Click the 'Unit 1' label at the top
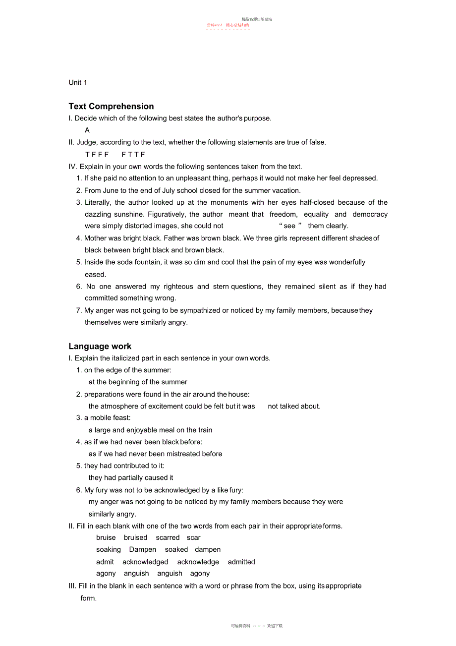click(78, 82)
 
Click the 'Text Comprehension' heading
click(111, 106)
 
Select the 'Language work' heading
click(100, 346)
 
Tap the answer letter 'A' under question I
click(87, 130)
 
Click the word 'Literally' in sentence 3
click(98, 202)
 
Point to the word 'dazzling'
click(98, 214)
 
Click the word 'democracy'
click(370, 214)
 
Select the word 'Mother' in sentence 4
click(95, 238)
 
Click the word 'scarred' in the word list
click(168, 537)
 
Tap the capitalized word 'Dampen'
click(142, 549)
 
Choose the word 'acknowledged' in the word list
click(145, 562)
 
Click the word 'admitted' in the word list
click(241, 562)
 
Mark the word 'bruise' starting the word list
click(106, 537)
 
